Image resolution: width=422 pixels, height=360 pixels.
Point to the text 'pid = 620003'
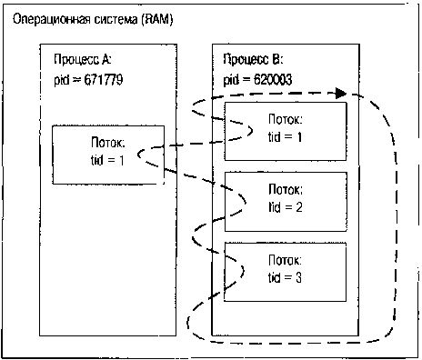257,80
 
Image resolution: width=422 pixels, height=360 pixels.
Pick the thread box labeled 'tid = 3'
286,269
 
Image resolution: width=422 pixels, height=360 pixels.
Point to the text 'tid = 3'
286,276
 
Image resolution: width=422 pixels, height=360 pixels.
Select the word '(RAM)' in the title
159,18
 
